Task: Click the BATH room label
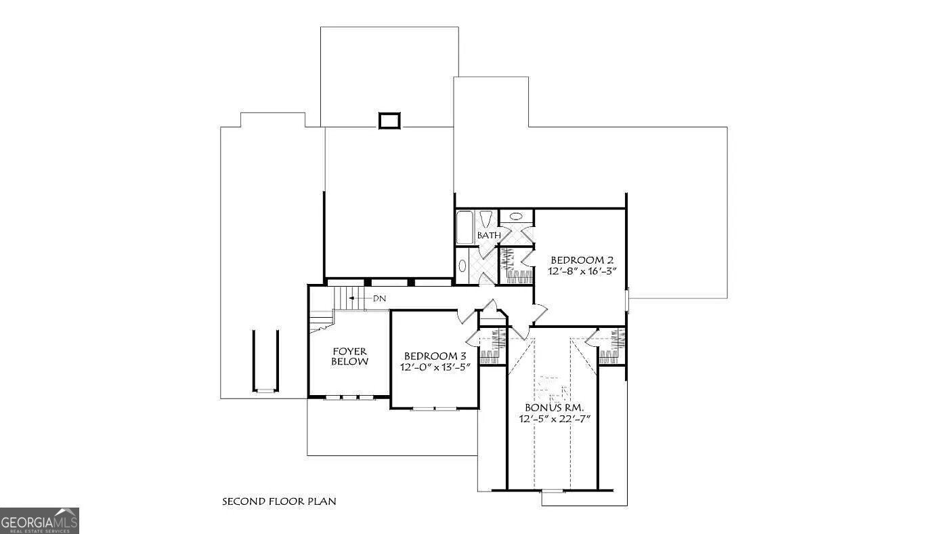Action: coord(489,235)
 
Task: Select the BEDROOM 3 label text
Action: coord(435,356)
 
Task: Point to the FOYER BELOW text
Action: coord(349,356)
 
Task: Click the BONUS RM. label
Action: coord(554,408)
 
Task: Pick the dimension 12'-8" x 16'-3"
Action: coord(582,271)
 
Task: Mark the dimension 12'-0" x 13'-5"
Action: coord(435,367)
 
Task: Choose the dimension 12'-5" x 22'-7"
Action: coord(555,419)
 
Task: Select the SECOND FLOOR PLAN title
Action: coord(279,502)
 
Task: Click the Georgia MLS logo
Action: coord(39,520)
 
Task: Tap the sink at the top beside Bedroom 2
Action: coord(516,217)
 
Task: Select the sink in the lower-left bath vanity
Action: coord(462,266)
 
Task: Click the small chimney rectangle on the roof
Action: coord(389,121)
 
